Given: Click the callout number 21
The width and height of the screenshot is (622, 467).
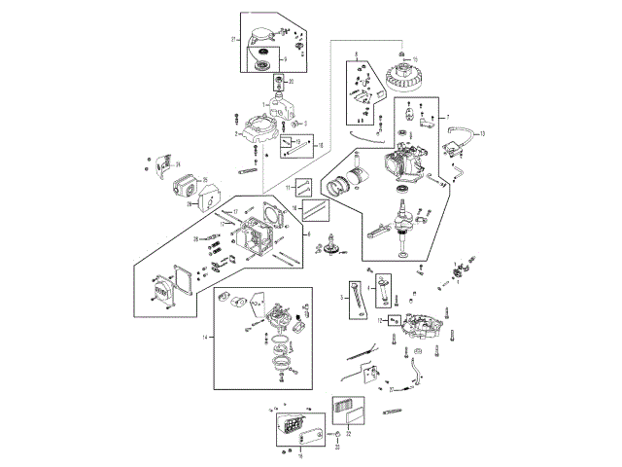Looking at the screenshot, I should coord(234,39).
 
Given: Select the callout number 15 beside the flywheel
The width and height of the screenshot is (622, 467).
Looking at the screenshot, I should coord(401,59).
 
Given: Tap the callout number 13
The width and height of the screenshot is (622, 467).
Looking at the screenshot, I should coord(483,132).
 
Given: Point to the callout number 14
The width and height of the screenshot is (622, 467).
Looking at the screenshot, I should coord(205,337).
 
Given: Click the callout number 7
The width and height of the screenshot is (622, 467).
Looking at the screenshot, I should coord(448,117).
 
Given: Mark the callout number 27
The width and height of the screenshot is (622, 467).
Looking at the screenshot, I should coord(391,388).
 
